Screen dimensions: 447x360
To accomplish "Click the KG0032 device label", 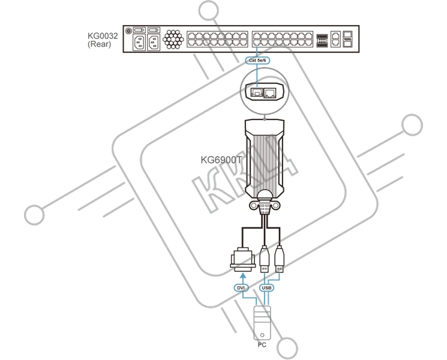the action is (103, 36).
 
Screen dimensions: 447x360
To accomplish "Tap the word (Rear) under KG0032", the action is (99, 44).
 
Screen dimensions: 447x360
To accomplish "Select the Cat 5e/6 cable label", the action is (257, 61).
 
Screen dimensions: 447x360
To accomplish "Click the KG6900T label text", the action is (221, 160).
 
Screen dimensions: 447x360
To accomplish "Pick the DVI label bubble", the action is (241, 288).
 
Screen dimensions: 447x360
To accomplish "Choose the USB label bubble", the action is (266, 288).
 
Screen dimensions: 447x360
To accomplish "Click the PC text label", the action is (262, 345).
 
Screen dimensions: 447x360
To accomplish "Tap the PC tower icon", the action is (262, 323).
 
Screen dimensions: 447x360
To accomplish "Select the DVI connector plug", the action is (242, 260).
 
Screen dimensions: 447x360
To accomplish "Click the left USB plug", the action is (265, 259).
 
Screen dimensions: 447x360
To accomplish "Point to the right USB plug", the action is (280, 259).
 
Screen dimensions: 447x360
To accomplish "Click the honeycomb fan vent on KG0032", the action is (173, 39).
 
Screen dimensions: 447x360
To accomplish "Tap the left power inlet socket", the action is (139, 43).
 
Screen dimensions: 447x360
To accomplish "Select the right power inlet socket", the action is (154, 43).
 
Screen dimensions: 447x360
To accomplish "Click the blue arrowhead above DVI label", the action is (242, 275).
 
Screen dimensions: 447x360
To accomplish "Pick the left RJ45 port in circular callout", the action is (257, 92).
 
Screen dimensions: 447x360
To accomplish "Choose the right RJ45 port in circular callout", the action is (270, 92).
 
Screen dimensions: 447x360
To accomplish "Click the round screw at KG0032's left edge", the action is (128, 30).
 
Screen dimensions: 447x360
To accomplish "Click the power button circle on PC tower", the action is (262, 335).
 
